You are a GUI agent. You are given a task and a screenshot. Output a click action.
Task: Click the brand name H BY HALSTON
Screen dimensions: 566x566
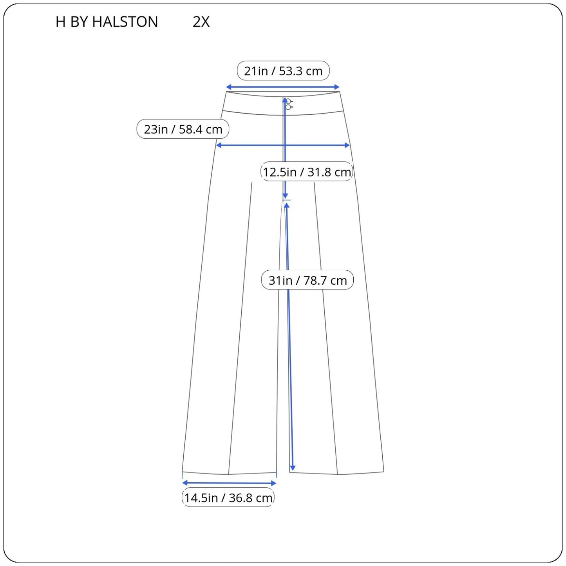coord(107,22)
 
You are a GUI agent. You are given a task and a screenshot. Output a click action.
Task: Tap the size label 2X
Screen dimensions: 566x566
coord(201,22)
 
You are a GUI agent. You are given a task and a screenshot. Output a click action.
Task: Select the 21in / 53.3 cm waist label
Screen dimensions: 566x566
coord(283,71)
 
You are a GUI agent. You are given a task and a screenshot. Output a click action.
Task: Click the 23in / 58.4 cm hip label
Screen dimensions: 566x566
coord(183,129)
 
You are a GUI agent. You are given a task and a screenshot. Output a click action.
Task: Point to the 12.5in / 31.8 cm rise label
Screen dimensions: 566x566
coord(307,172)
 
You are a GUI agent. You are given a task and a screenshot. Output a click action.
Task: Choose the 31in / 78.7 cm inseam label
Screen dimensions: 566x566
coord(307,280)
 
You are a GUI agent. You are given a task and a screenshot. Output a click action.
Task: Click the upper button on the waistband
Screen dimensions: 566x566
coord(288,101)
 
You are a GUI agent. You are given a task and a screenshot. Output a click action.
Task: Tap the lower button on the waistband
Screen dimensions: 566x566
coord(288,107)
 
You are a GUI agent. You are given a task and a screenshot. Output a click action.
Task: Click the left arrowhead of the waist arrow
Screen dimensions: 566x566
coord(228,87)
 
